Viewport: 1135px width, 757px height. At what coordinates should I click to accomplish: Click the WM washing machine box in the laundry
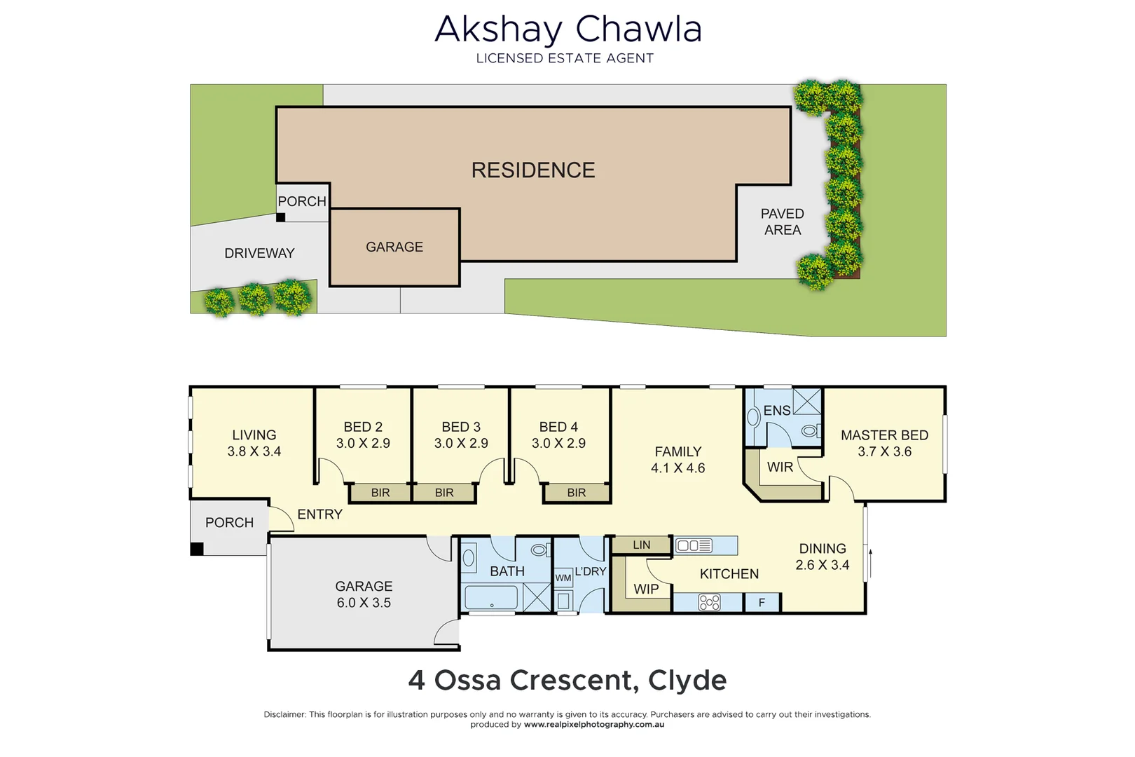coord(563,578)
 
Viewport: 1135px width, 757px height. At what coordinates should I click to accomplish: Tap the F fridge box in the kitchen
coord(762,603)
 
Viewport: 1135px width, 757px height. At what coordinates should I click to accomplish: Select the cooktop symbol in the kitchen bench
coord(709,603)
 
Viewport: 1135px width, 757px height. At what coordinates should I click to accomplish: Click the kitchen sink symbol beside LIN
coord(694,545)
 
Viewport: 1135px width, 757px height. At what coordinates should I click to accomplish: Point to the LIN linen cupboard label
coord(642,545)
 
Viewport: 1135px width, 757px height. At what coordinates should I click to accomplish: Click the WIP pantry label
coord(646,589)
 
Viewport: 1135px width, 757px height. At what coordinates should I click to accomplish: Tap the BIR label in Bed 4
coord(577,493)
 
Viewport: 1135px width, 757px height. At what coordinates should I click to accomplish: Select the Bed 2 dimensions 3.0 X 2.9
coord(363,443)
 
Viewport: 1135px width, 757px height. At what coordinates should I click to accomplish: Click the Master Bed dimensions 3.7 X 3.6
coord(884,452)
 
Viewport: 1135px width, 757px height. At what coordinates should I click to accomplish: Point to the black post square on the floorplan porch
coord(198,549)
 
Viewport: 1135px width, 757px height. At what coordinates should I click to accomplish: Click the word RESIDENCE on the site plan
coord(533,170)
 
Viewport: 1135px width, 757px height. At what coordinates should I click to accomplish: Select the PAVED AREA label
coord(783,221)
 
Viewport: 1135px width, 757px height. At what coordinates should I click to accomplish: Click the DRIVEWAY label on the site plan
coord(259,253)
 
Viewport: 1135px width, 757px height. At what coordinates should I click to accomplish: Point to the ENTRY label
coord(319,514)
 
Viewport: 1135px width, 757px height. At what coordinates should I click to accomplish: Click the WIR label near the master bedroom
coord(780,467)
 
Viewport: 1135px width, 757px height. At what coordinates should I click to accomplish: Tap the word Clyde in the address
coord(687,680)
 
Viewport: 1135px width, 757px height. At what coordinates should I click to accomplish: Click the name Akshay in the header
coord(498,30)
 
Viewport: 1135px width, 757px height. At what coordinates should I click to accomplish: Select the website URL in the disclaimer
coord(594,725)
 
